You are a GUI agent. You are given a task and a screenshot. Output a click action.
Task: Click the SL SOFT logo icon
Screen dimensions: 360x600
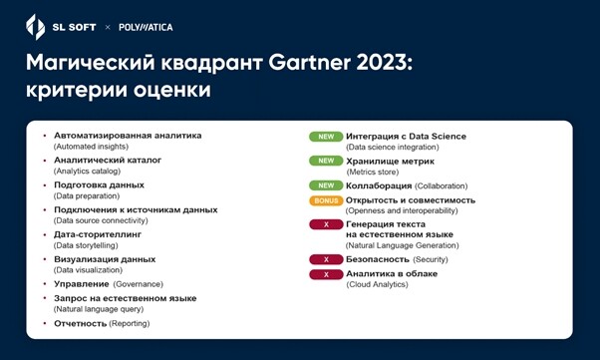[34, 27]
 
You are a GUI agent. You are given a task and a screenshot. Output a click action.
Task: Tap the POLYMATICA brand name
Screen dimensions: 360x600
[146, 27]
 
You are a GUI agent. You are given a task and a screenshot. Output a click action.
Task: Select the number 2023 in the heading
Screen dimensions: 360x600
[386, 63]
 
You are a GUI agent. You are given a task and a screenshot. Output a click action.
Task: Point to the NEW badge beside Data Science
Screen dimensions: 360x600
[325, 137]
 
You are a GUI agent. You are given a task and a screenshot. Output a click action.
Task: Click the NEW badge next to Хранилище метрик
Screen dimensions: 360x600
[325, 161]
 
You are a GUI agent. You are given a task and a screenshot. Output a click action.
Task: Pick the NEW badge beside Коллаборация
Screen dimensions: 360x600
[325, 185]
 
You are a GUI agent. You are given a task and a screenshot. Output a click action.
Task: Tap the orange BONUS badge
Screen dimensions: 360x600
[325, 200]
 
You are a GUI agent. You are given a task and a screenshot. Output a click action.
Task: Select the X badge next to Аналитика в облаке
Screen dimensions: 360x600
[325, 274]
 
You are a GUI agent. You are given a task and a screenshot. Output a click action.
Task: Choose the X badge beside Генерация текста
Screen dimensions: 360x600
[325, 225]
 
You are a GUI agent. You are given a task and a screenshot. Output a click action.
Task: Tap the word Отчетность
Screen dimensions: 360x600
[81, 323]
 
